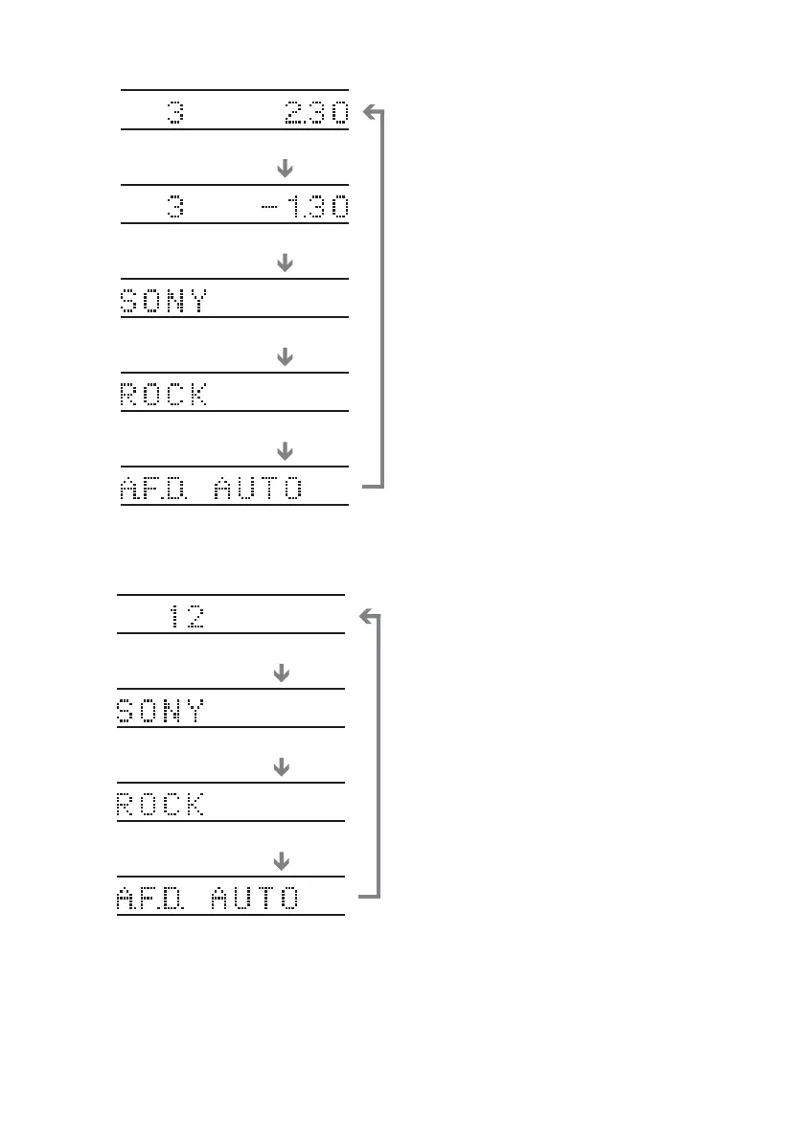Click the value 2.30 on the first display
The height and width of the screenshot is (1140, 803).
(316, 113)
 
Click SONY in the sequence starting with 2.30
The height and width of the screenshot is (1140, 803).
(163, 301)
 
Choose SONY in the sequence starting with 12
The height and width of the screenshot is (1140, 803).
(160, 711)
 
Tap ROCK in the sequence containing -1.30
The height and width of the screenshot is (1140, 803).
(163, 395)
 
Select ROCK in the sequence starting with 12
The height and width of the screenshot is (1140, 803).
(160, 805)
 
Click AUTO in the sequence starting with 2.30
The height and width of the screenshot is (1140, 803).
(257, 489)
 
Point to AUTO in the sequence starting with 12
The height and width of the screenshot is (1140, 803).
(254, 899)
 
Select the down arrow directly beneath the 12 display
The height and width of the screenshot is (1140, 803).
(282, 674)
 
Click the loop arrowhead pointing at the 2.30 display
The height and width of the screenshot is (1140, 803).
(369, 114)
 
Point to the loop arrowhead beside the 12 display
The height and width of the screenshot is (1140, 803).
(364, 617)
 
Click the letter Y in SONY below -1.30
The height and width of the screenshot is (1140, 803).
(196, 301)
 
